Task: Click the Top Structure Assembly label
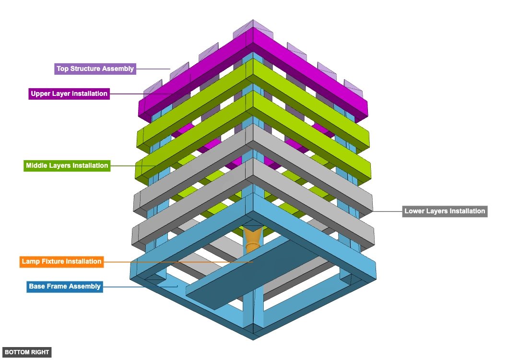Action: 95,69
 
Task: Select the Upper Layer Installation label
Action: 69,93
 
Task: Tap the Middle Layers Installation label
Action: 67,166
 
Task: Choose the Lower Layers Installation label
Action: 445,211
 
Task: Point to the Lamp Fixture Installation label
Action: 61,262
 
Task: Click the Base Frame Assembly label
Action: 65,287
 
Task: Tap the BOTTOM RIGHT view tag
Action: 26,352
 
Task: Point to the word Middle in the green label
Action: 36,166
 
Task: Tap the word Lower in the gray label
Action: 414,211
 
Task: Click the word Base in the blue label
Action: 37,287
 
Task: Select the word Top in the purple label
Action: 62,69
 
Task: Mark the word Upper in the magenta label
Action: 41,93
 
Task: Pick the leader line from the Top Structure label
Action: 153,69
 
